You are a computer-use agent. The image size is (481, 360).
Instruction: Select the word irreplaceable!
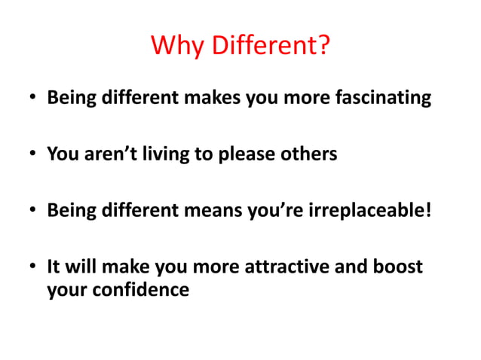pyautogui.click(x=371, y=209)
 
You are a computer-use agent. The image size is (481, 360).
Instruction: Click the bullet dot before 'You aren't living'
pyautogui.click(x=32, y=155)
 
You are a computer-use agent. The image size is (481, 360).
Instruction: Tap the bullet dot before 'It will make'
pyautogui.click(x=32, y=267)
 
